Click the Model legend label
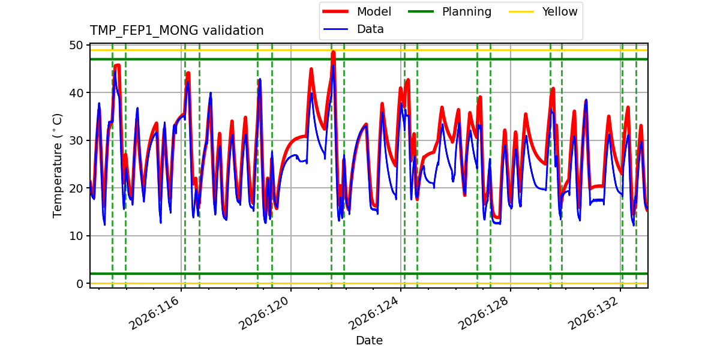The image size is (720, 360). [374, 11]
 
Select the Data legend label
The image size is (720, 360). [370, 29]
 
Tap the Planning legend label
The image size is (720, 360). [467, 12]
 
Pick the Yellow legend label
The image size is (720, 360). [560, 11]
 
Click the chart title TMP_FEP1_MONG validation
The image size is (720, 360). [176, 31]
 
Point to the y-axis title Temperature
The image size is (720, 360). [57, 166]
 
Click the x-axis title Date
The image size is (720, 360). [369, 340]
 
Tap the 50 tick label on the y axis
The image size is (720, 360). [76, 46]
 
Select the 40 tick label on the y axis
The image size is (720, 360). [76, 93]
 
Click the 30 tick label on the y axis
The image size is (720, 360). [76, 140]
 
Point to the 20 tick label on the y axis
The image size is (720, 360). [76, 188]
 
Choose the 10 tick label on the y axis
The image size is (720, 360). [76, 236]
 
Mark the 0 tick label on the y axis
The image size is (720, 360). [80, 283]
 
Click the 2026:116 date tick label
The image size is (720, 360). [154, 313]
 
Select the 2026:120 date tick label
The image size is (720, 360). [264, 313]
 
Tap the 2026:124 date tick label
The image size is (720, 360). [374, 313]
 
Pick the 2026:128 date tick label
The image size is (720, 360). [484, 313]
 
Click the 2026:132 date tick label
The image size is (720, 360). [593, 313]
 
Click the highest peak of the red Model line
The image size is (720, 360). [334, 52]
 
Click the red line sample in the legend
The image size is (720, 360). [335, 11]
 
